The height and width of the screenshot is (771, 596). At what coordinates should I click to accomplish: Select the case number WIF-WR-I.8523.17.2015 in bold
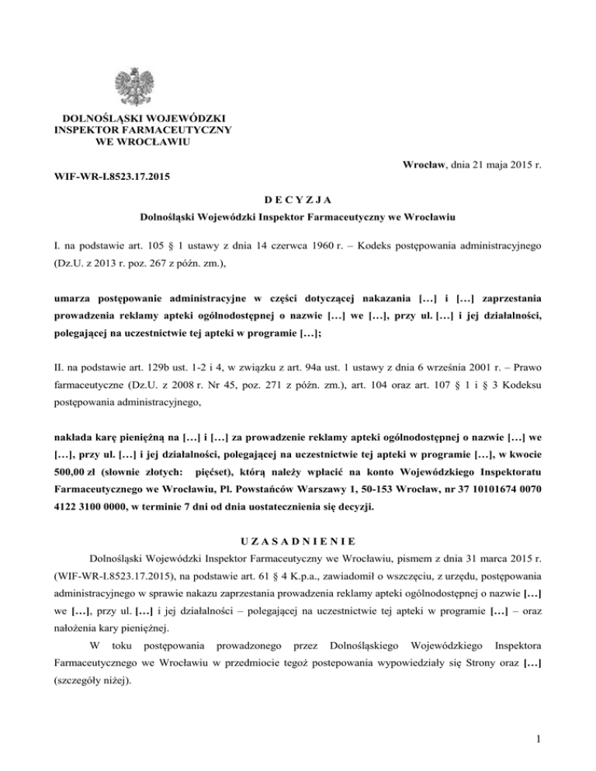coord(113,178)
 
